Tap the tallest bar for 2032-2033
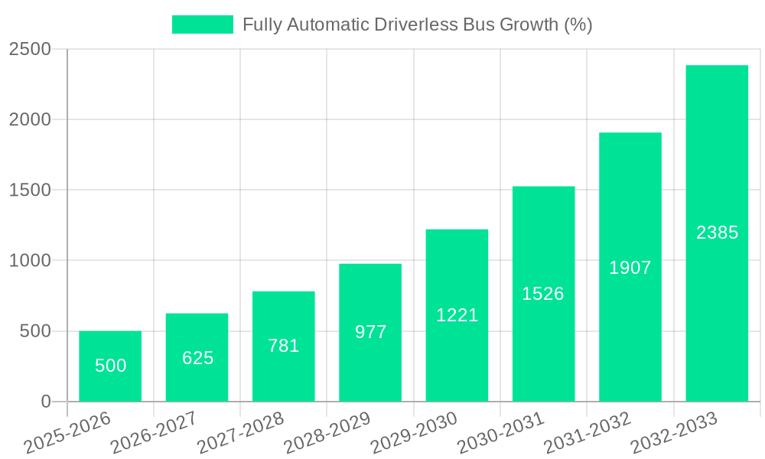pos(717,233)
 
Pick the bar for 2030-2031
pos(543,294)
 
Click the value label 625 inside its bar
pos(197,358)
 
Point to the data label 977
pos(371,332)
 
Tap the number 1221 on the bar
pos(457,314)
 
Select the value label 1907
pos(630,268)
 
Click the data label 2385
pos(717,233)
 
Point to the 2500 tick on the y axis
pos(30,50)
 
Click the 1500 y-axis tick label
pos(30,190)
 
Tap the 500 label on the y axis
pos(37,331)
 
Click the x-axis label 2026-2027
pos(154,433)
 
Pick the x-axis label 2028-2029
pos(327,433)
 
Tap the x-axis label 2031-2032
pos(588,433)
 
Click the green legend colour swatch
pos(202,24)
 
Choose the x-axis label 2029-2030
pos(414,433)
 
